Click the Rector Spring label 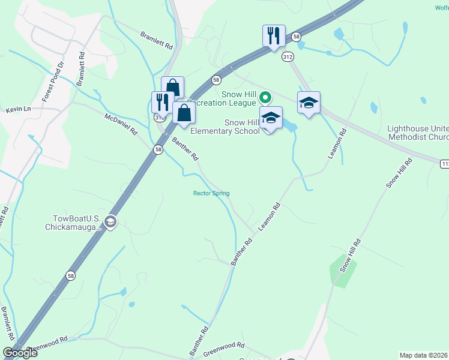click(x=211, y=193)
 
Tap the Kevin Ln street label click(x=18, y=110)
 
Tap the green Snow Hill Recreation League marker click(x=264, y=97)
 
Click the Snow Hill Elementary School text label click(x=224, y=127)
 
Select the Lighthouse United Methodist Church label click(x=418, y=133)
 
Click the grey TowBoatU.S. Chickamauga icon click(x=110, y=223)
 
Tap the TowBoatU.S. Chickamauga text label click(x=73, y=223)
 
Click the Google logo click(x=20, y=353)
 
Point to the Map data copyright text click(x=424, y=355)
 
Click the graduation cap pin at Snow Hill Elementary click(x=271, y=118)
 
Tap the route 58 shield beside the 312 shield click(x=297, y=37)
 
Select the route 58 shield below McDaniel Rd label click(x=158, y=150)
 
